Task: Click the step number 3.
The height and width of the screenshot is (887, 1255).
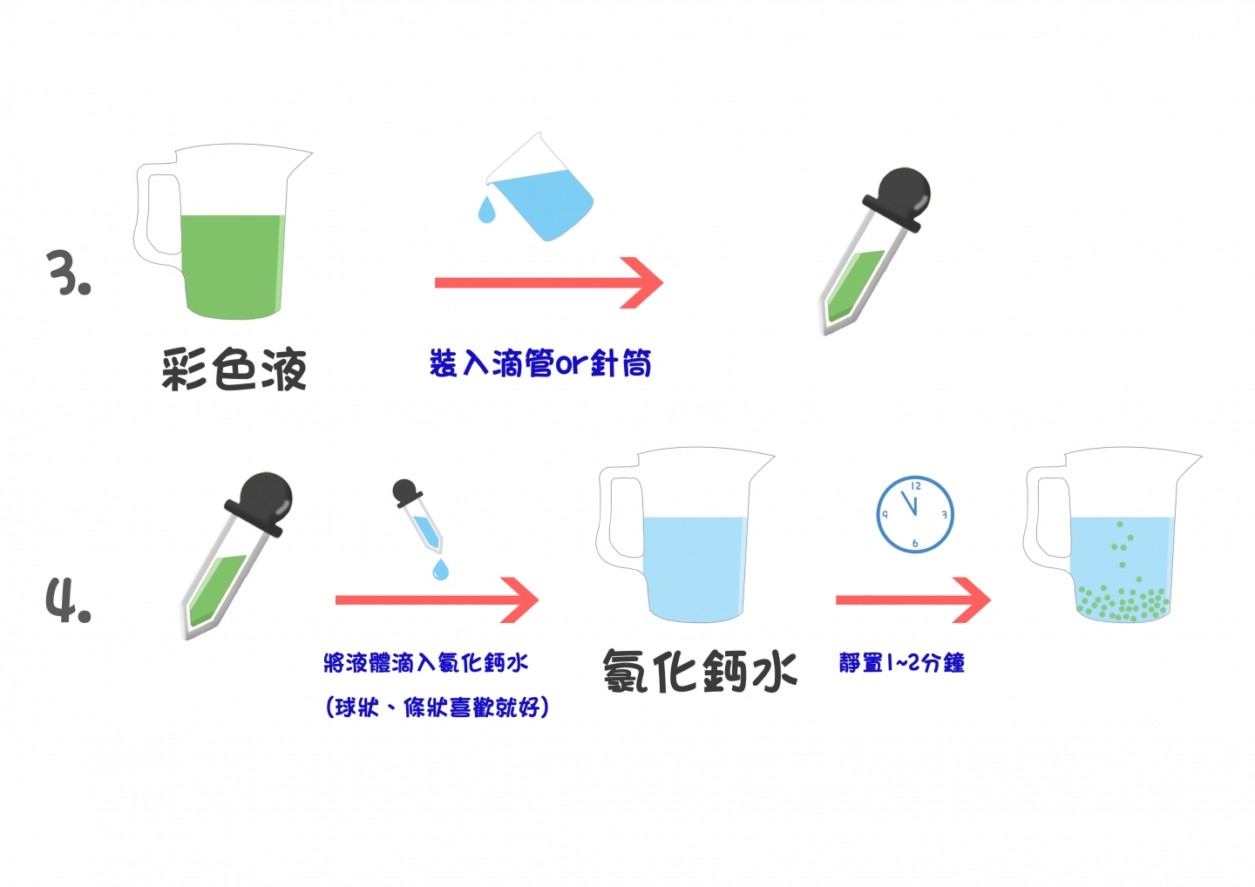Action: (68, 273)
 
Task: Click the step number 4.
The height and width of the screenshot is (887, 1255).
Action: (68, 600)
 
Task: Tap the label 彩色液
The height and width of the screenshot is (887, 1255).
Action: (234, 369)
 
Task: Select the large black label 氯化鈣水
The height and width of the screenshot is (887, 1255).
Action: (700, 672)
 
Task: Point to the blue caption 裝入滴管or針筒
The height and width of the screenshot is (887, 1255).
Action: (540, 362)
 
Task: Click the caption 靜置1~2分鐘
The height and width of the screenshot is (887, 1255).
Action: (902, 662)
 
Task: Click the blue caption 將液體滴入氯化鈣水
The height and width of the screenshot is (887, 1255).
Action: (426, 662)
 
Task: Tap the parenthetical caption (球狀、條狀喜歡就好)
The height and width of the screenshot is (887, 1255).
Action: (437, 708)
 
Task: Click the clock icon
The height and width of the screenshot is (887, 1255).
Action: (915, 514)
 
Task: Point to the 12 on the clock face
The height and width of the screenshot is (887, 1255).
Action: (915, 486)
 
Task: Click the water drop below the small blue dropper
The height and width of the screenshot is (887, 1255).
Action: (440, 569)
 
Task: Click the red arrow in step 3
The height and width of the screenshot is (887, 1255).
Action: (549, 283)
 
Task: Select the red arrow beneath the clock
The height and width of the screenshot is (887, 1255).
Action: (913, 600)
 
